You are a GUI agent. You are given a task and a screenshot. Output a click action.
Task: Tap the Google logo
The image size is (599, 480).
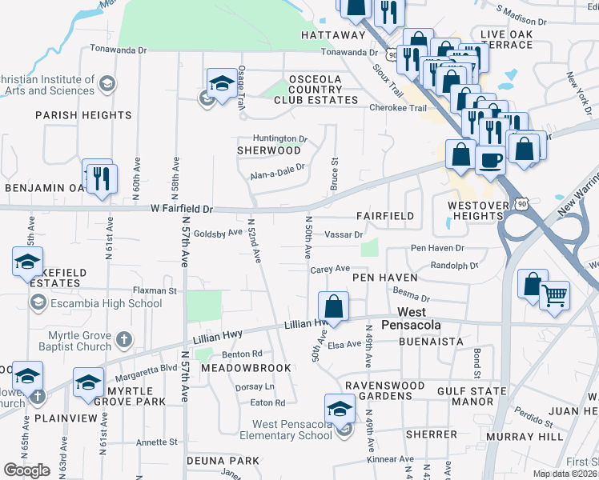(27, 470)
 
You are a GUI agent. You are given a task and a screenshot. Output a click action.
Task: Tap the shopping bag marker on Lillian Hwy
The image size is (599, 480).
(333, 306)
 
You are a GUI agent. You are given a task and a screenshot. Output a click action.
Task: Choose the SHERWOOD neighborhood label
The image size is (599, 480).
(269, 150)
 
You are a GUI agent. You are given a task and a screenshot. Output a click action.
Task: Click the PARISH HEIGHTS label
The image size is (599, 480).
(83, 115)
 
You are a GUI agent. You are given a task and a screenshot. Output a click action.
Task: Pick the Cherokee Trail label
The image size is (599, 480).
(395, 107)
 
